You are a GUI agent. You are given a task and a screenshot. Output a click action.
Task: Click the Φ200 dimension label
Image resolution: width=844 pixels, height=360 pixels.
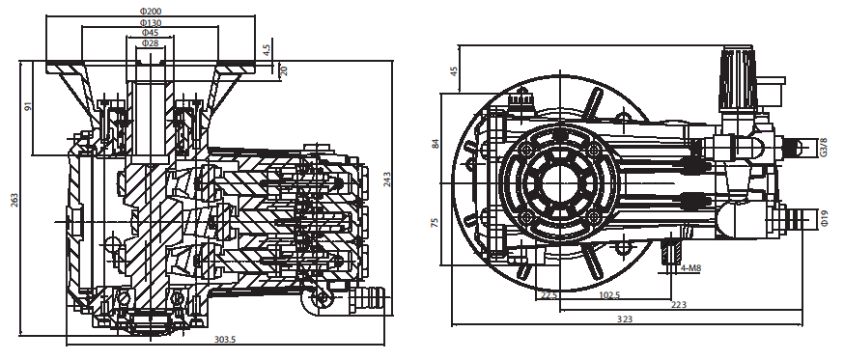151,11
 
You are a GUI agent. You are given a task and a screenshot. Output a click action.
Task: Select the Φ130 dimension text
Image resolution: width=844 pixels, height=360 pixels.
151,22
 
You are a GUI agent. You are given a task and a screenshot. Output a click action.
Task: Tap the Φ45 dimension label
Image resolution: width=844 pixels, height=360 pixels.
150,32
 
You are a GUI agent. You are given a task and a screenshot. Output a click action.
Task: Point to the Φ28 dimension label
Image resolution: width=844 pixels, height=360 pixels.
150,42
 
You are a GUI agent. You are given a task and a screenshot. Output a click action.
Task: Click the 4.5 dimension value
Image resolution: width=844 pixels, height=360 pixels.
267,49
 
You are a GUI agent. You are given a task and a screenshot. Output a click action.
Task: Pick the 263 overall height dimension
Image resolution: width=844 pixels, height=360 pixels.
14,200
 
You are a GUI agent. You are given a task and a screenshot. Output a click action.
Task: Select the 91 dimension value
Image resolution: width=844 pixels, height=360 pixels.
29,106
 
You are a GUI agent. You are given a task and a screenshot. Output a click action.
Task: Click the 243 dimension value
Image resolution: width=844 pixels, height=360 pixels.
386,179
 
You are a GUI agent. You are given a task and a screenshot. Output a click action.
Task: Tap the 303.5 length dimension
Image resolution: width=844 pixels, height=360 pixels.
226,339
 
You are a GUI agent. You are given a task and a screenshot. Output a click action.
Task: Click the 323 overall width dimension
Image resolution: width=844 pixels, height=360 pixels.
625,318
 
